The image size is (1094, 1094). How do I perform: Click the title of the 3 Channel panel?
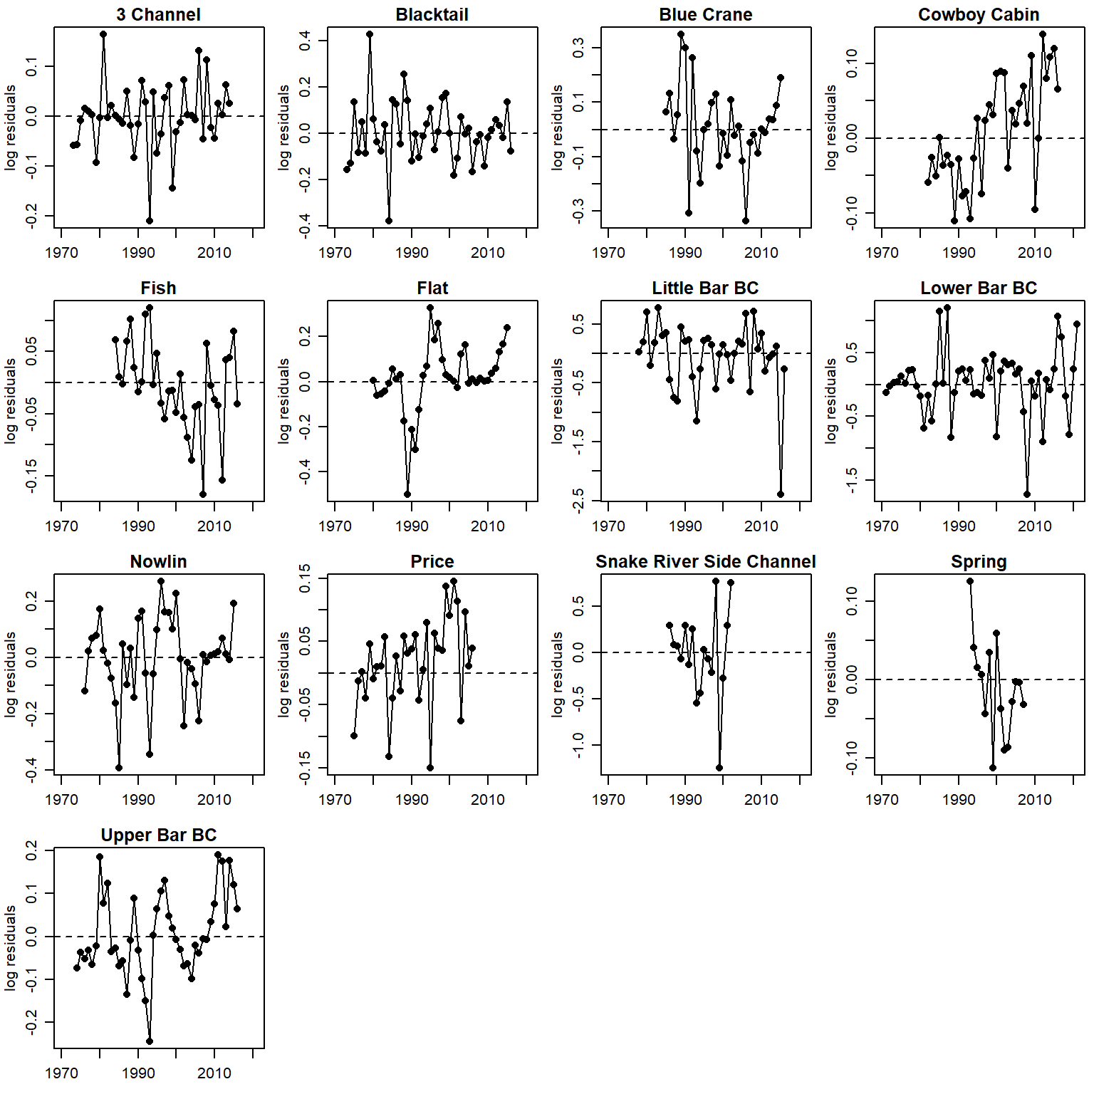158,14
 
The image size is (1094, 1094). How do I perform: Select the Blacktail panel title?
432,14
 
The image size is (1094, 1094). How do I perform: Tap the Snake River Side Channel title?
705,561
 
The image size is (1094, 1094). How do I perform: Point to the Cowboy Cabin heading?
979,14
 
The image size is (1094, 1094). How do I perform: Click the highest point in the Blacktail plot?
370,33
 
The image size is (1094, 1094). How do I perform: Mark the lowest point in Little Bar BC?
781,494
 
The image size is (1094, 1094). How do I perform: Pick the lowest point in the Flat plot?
407,494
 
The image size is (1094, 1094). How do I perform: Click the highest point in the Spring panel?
970,581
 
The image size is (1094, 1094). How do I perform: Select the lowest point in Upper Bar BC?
150,1041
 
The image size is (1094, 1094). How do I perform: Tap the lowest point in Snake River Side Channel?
719,768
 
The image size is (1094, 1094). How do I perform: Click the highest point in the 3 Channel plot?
103,33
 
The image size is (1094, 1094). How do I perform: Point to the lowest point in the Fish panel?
203,494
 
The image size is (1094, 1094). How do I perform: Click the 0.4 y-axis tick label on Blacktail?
305,41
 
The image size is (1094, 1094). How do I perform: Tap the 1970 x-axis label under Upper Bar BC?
61,1073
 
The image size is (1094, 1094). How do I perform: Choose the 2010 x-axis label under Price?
488,799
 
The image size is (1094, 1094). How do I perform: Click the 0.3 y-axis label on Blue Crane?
578,48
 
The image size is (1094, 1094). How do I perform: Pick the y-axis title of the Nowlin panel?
10,674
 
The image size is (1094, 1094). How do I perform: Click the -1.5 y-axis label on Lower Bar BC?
852,480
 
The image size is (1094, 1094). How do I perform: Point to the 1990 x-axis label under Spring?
959,799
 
